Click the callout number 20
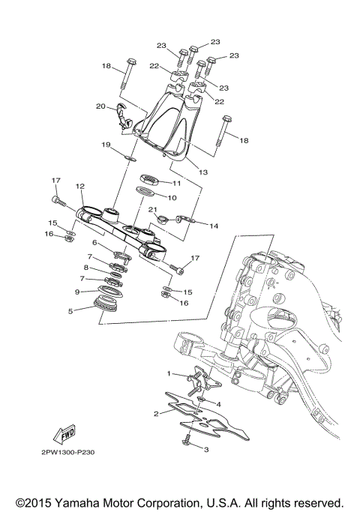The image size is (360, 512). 100,106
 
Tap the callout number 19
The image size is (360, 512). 106,144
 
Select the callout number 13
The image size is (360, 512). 203,172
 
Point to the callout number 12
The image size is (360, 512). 80,186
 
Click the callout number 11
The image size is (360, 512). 177,183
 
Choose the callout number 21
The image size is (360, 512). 151,210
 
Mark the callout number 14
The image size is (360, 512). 213,225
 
